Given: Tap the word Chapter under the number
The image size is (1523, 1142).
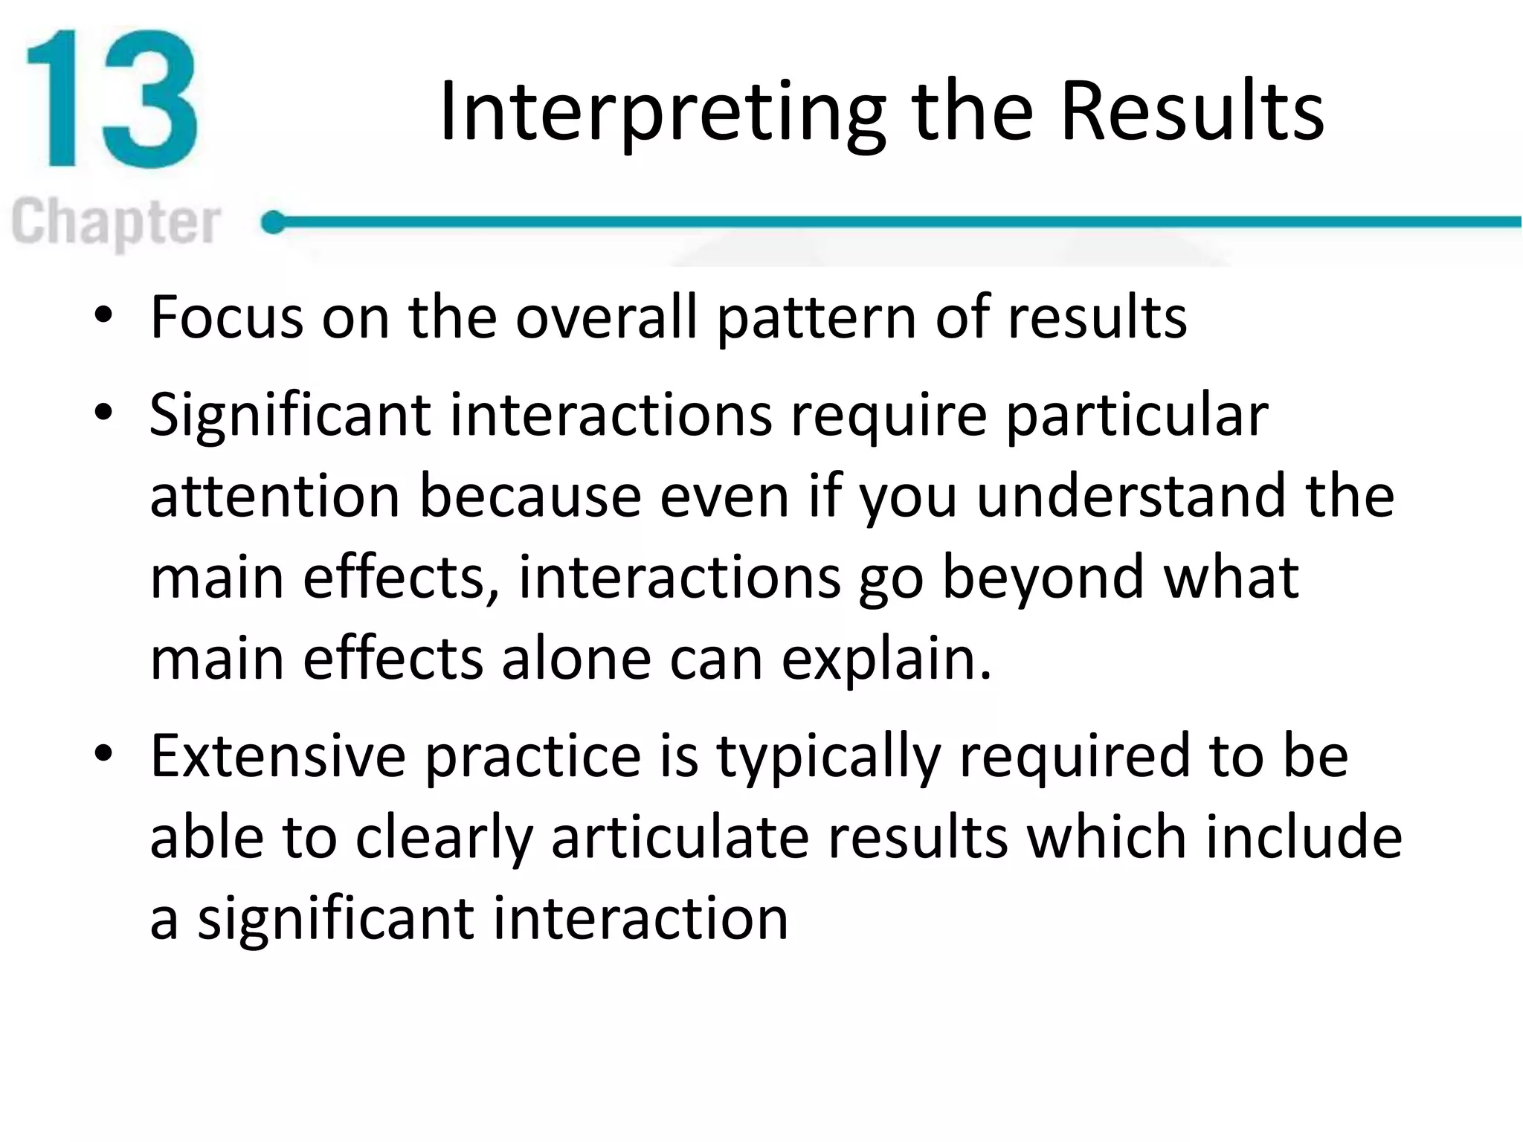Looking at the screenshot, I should click(117, 222).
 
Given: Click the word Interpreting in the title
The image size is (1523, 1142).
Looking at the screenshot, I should click(662, 112).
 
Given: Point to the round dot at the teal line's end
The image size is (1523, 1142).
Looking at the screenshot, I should click(274, 222).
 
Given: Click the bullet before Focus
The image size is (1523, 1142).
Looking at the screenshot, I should click(103, 317).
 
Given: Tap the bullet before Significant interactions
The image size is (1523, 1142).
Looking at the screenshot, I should click(103, 413).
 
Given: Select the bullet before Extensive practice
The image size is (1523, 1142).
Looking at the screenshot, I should click(103, 754).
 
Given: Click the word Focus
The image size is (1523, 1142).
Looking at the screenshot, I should click(226, 317).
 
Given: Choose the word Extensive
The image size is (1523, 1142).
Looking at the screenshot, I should click(278, 755).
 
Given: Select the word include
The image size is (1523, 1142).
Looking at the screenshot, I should click(1304, 837).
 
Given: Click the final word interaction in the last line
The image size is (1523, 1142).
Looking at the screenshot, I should click(640, 919).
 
